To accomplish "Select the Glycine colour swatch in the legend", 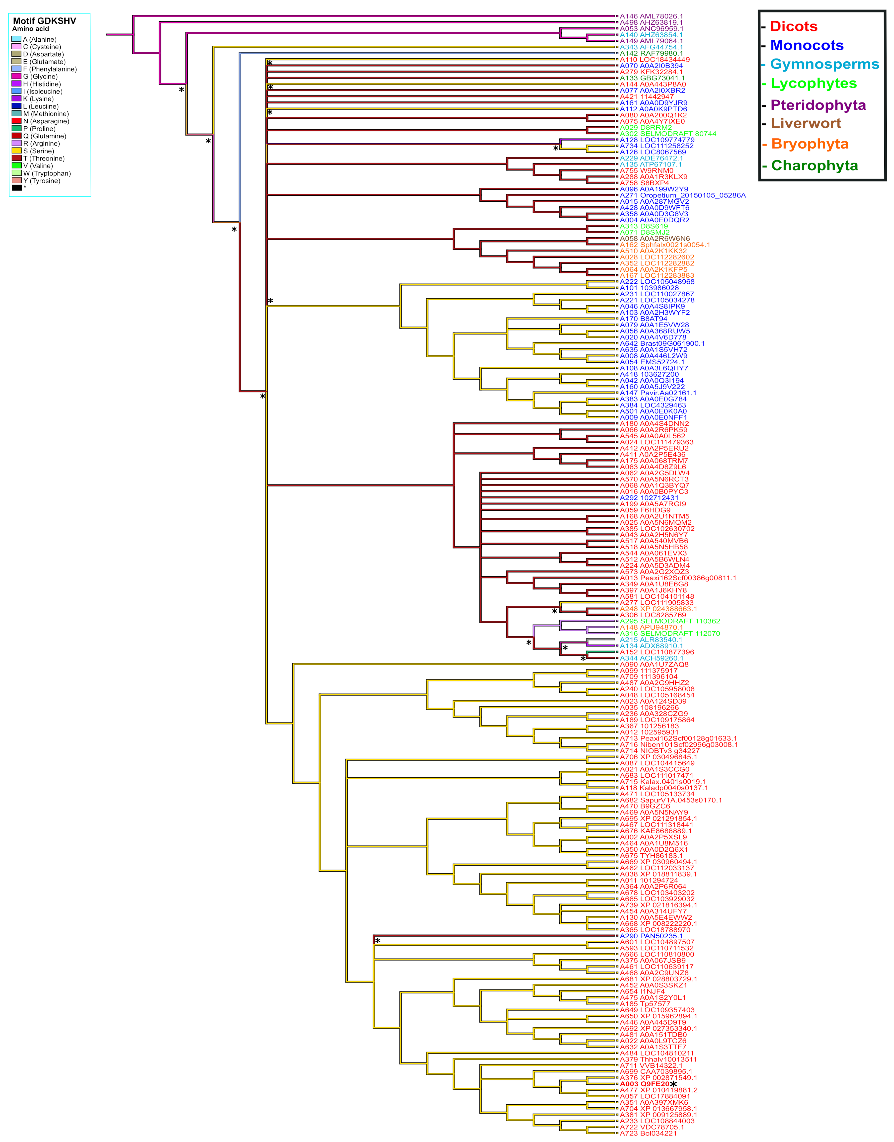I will (x=16, y=77).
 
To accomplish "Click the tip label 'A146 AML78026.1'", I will (x=651, y=16).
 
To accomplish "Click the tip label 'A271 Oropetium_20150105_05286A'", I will (x=683, y=195).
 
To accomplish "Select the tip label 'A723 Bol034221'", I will (x=648, y=1133).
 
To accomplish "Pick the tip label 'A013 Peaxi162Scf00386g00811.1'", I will (x=678, y=578).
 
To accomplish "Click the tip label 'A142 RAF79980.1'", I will (x=651, y=53).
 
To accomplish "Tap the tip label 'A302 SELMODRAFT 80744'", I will (x=668, y=133).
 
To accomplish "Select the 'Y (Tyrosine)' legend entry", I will (x=41, y=180).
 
